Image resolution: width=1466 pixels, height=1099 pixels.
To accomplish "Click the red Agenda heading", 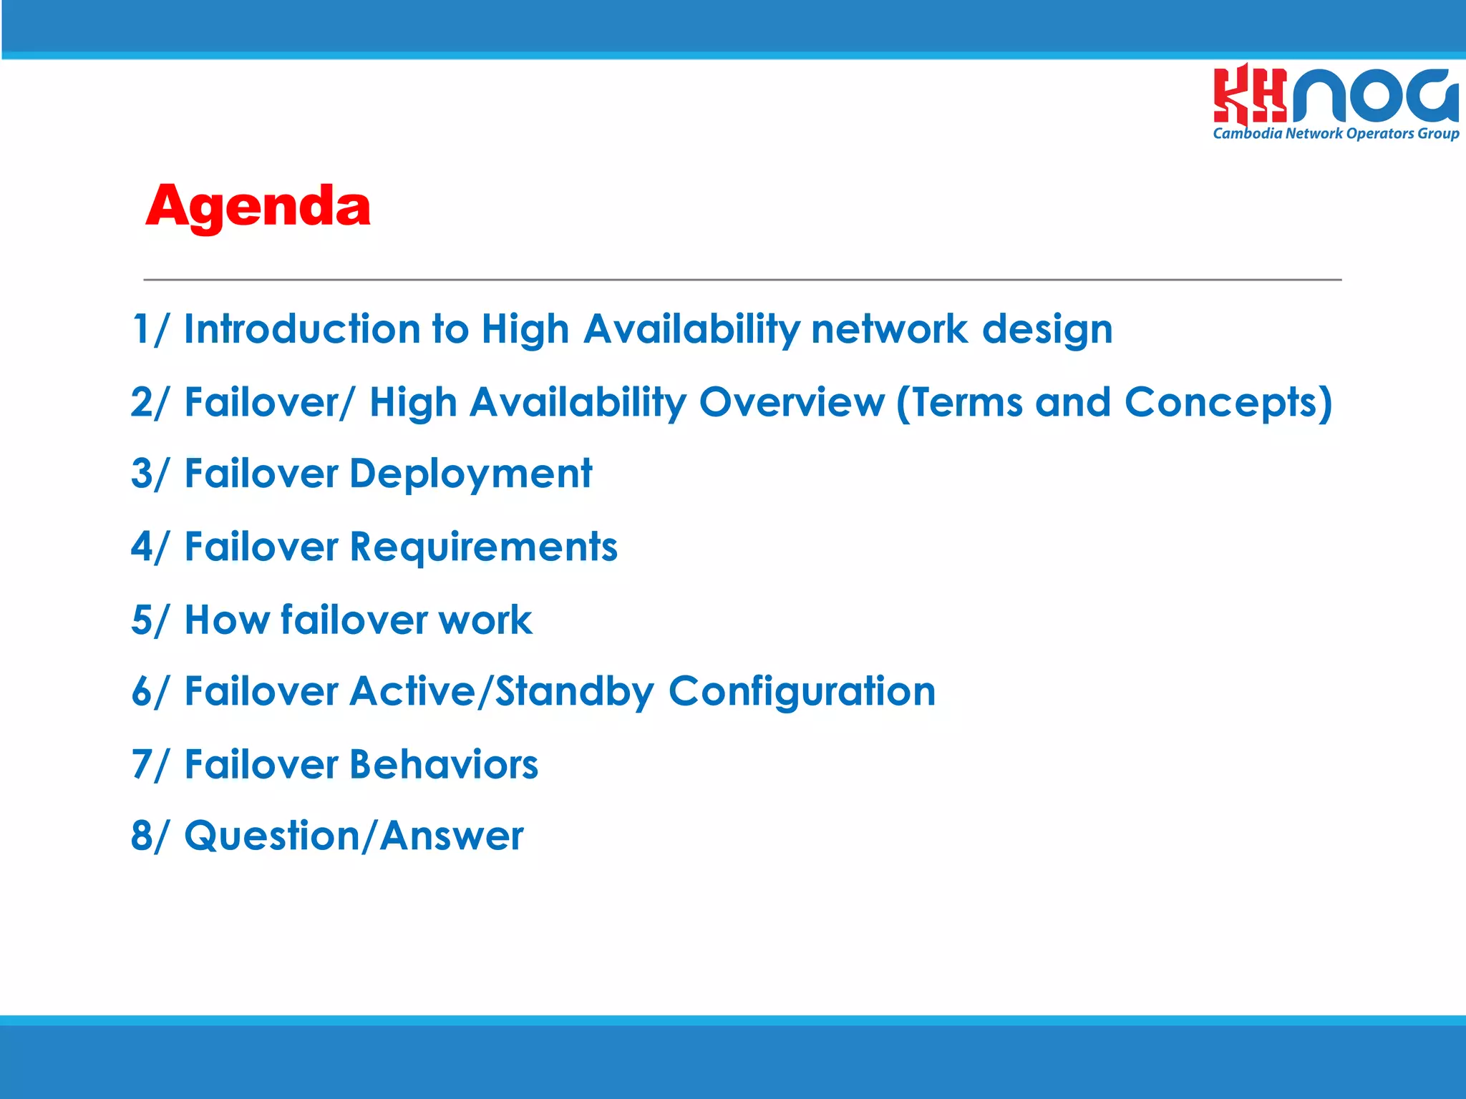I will (x=258, y=206).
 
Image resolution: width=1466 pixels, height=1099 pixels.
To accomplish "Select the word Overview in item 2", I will (x=792, y=402).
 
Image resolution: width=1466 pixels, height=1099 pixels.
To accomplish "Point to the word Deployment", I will (x=470, y=474).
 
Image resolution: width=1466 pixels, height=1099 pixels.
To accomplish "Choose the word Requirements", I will (x=483, y=547).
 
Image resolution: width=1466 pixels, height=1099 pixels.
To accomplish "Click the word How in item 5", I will (x=226, y=620).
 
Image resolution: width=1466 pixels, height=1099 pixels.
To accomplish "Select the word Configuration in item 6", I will (x=802, y=692).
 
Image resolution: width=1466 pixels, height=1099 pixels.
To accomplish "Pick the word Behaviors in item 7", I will (x=443, y=764).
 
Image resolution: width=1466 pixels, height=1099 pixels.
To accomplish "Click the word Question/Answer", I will (x=354, y=836).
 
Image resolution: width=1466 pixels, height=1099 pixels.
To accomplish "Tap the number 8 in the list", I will (x=141, y=836).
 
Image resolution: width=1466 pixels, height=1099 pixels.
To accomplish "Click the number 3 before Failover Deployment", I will (x=141, y=474).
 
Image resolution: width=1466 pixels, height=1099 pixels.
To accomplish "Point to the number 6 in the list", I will (x=141, y=692).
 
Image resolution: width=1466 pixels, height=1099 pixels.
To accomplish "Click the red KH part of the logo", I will (x=1248, y=94).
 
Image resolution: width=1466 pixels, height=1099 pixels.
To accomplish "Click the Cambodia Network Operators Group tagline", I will (x=1336, y=134).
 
